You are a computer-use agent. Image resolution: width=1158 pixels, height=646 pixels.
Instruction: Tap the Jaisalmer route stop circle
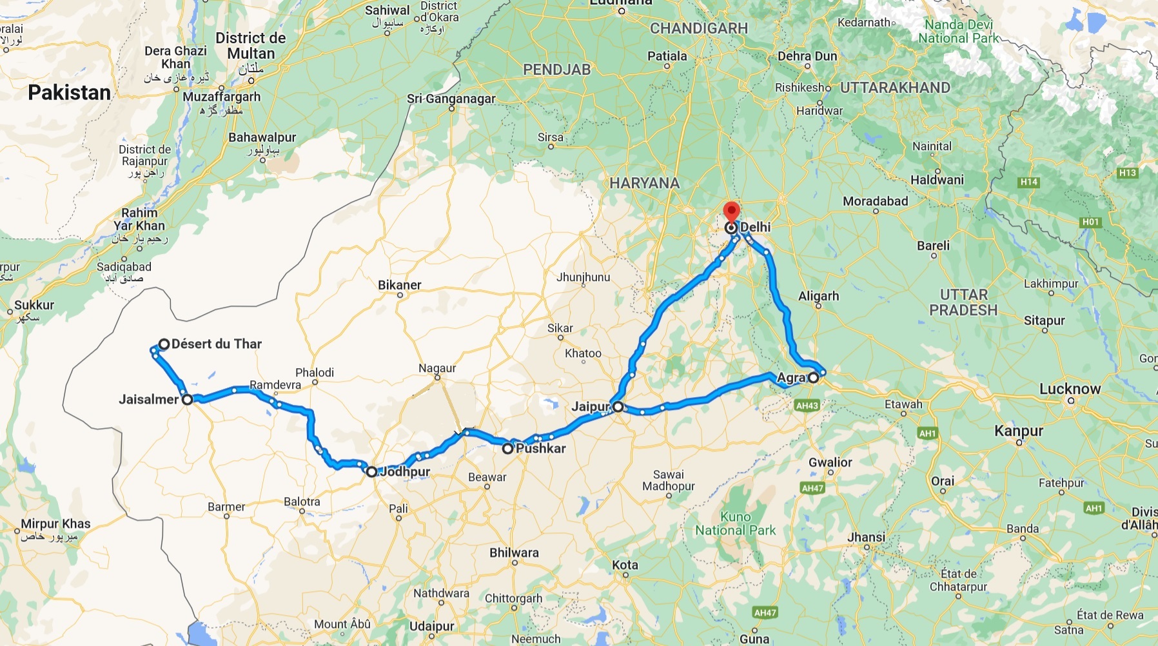pyautogui.click(x=187, y=400)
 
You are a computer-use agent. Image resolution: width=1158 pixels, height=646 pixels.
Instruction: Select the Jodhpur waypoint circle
pyautogui.click(x=371, y=472)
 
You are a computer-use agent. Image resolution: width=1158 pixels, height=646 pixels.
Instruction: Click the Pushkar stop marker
pyautogui.click(x=508, y=448)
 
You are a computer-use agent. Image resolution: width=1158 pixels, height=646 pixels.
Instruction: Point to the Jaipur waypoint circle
pyautogui.click(x=618, y=407)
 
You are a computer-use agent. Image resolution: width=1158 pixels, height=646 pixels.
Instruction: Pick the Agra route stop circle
pyautogui.click(x=814, y=378)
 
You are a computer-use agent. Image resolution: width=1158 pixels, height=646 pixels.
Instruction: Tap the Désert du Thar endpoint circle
pyautogui.click(x=164, y=344)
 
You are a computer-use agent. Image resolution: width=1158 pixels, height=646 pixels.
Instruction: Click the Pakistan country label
pyautogui.click(x=70, y=93)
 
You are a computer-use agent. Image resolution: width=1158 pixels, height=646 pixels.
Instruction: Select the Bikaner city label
pyautogui.click(x=400, y=285)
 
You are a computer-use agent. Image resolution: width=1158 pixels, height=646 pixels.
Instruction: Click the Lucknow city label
pyautogui.click(x=1070, y=389)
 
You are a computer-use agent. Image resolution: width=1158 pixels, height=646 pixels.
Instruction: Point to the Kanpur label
pyautogui.click(x=1019, y=431)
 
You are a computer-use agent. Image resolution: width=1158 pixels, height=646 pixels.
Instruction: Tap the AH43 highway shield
pyautogui.click(x=807, y=406)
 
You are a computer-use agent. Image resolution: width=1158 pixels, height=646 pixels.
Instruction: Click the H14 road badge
pyautogui.click(x=1029, y=182)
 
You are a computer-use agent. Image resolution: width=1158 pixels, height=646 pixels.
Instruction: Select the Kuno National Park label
pyautogui.click(x=736, y=524)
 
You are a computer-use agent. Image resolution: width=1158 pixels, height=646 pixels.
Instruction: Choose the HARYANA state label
pyautogui.click(x=645, y=183)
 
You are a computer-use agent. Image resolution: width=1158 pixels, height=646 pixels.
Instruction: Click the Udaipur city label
pyautogui.click(x=432, y=626)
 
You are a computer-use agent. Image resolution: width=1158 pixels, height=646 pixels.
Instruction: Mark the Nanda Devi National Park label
pyautogui.click(x=959, y=32)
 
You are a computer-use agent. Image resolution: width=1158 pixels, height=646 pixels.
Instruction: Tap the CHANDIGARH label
pyautogui.click(x=699, y=28)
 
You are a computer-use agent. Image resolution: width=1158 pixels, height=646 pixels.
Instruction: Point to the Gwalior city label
pyautogui.click(x=830, y=462)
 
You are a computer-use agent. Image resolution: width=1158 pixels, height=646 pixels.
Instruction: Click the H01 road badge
pyautogui.click(x=1090, y=222)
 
